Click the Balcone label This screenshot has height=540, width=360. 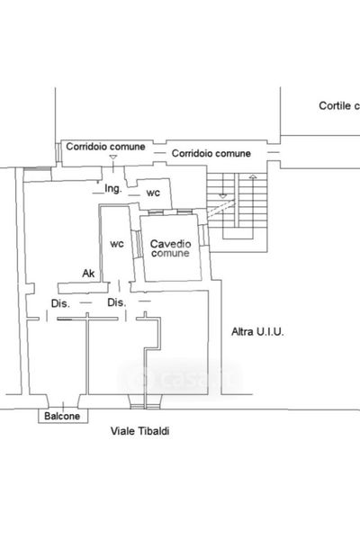point(62,416)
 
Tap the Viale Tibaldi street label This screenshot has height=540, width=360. point(139,431)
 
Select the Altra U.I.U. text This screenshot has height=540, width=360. point(257,331)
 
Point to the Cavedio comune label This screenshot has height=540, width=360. point(170,248)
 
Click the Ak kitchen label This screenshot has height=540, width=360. point(88,274)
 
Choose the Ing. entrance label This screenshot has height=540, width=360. point(113,189)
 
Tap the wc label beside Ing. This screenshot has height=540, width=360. point(153,193)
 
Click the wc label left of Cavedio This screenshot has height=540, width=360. point(117,244)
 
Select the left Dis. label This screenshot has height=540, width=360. point(60,303)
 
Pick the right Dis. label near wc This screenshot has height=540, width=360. point(117,302)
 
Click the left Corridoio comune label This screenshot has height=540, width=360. point(105,147)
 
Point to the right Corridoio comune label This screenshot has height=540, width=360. point(211,153)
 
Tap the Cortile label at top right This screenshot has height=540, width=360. point(339,105)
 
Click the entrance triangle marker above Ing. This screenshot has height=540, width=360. point(113,157)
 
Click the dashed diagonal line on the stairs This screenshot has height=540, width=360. point(221,209)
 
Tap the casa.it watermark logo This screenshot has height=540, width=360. point(180,379)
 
